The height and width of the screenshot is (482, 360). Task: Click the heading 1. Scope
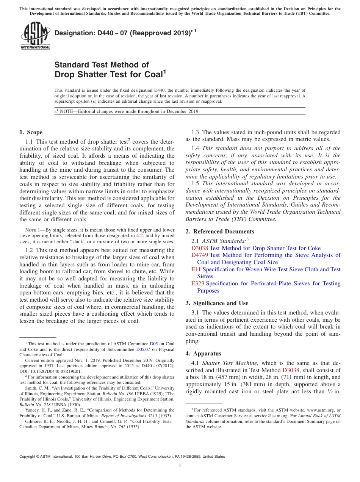pos(31,132)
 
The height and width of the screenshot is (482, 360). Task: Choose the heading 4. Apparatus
pos(203,354)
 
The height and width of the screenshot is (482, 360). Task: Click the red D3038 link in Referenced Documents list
pos(200,248)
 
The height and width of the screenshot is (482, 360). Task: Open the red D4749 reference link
pos(200,255)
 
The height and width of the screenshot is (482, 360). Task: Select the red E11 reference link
pos(196,269)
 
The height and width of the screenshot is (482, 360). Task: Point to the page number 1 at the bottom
pos(180,466)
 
